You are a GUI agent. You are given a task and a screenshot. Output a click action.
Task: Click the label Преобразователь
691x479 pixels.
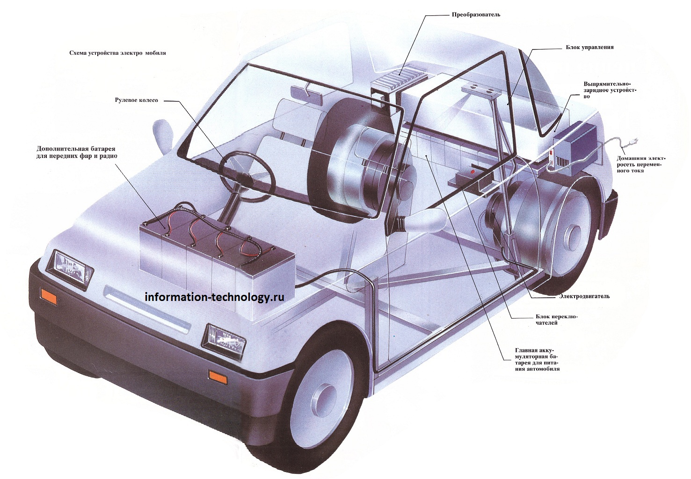click(x=475, y=14)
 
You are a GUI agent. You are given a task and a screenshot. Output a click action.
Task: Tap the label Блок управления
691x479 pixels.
click(x=589, y=47)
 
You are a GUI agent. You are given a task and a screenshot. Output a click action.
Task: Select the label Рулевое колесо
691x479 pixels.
click(x=137, y=100)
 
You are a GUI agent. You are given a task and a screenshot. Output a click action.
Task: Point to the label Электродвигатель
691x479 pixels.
click(x=584, y=296)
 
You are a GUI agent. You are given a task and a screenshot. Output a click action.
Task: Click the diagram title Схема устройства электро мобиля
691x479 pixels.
click(x=117, y=53)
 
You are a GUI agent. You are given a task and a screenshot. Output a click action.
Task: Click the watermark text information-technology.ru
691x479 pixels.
click(x=214, y=297)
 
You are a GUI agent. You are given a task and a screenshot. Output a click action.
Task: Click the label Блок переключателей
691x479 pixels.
click(x=557, y=319)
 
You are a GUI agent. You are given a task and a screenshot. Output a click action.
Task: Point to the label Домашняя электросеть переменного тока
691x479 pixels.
click(x=641, y=164)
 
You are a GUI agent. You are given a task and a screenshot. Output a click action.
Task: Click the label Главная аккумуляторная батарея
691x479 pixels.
click(x=537, y=359)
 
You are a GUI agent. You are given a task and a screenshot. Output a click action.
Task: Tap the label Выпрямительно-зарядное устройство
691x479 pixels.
click(x=610, y=90)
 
